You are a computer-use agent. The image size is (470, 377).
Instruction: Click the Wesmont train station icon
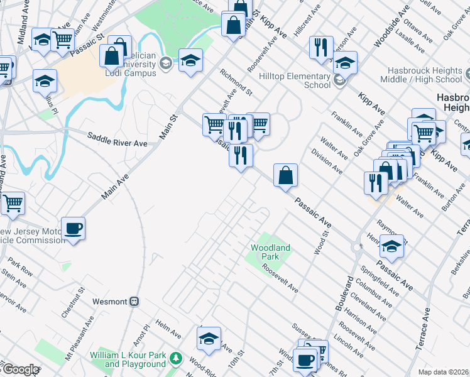pyautogui.click(x=134, y=302)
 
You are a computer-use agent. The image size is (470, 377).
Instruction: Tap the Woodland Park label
pyautogui.click(x=270, y=253)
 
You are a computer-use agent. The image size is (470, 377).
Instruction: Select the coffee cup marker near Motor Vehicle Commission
pyautogui.click(x=74, y=229)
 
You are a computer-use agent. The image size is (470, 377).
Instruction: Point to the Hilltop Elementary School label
pyautogui.click(x=295, y=80)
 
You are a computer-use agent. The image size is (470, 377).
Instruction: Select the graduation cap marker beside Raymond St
pyautogui.click(x=391, y=247)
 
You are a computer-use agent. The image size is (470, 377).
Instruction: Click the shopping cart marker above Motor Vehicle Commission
pyautogui.click(x=13, y=204)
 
